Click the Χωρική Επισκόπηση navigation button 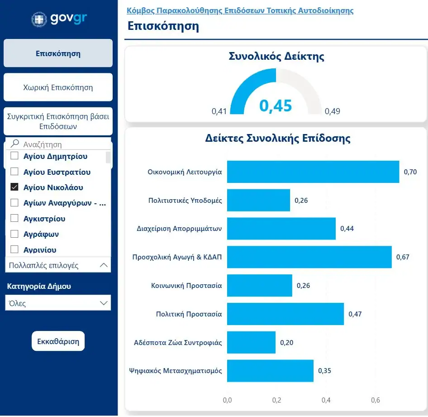(58, 87)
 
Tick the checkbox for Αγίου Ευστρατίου (14, 172)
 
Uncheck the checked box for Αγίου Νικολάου (14, 187)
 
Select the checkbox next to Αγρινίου (14, 249)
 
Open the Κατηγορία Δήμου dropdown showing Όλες (58, 303)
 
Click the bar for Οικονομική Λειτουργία (313, 172)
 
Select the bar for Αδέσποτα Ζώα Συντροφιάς (251, 342)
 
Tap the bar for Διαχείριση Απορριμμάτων (281, 229)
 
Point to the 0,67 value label (403, 257)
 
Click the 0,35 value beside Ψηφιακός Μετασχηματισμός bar (324, 371)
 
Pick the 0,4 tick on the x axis (326, 400)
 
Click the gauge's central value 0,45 (276, 106)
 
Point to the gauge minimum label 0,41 (219, 111)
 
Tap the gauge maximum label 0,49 (333, 111)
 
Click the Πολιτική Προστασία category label (189, 314)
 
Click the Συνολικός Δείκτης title (276, 57)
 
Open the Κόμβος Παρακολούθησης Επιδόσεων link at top (240, 10)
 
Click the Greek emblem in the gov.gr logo (38, 19)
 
